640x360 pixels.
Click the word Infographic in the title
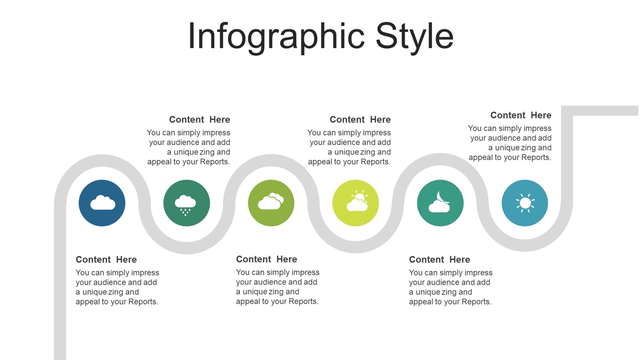click(x=276, y=37)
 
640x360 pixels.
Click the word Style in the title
click(x=414, y=37)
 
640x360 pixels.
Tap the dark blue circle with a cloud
click(x=102, y=203)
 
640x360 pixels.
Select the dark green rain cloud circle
click(x=187, y=203)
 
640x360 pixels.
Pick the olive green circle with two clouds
click(x=271, y=203)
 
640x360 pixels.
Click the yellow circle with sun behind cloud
click(x=356, y=203)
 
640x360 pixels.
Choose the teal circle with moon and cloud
click(x=441, y=203)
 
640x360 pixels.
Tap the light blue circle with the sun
click(x=525, y=203)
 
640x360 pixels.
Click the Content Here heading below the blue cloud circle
click(x=106, y=259)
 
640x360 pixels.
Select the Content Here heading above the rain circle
click(x=199, y=119)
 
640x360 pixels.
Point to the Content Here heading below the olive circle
click(x=267, y=259)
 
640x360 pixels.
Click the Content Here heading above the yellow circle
click(x=360, y=119)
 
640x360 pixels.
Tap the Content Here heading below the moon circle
click(x=439, y=259)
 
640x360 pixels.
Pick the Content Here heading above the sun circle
click(x=521, y=115)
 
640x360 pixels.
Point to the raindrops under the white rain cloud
click(x=186, y=212)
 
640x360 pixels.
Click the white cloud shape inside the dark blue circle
click(x=103, y=203)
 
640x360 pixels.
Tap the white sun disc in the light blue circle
click(x=525, y=203)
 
